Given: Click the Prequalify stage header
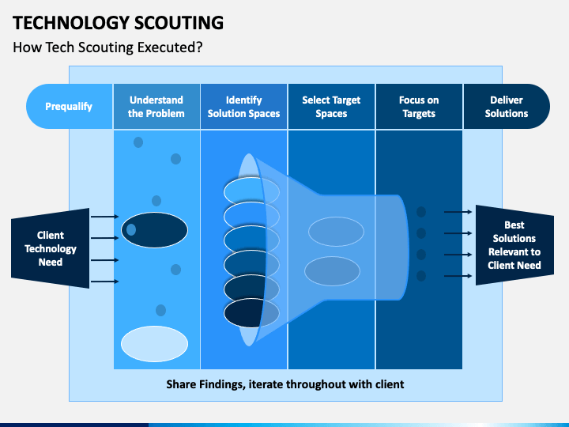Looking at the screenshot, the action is [x=70, y=107].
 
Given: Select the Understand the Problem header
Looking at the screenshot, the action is [x=156, y=107].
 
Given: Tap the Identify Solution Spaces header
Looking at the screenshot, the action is [x=244, y=107].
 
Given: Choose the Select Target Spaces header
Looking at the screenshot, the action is [x=331, y=107].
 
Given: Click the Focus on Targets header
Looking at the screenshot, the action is [x=419, y=107].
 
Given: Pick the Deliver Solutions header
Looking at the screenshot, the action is [x=507, y=107].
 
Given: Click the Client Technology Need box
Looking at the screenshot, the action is [x=51, y=248].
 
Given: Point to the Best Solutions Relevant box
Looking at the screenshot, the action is [x=514, y=245].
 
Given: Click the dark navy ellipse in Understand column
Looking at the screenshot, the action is [x=155, y=230].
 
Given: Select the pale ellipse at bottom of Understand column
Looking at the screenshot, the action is [x=155, y=344].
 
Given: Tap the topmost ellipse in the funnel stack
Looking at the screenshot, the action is [x=251, y=191].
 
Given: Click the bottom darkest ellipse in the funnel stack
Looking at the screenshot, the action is [x=251, y=312].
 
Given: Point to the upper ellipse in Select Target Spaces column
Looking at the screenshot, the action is [x=336, y=232].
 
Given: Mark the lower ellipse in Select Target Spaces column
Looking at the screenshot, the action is [x=332, y=271].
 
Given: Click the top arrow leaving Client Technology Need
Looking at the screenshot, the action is [x=105, y=217].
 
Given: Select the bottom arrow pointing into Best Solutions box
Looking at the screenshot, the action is [x=458, y=276].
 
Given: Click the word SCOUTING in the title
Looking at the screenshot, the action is [x=179, y=23].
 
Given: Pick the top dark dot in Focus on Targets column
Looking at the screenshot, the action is [x=421, y=212].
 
